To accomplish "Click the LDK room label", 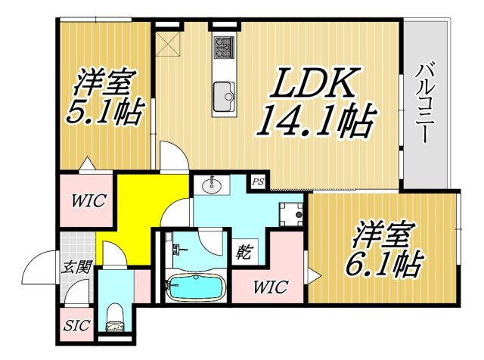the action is coord(315,82).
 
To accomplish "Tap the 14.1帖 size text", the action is coord(316,121).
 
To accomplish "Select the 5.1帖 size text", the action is coord(105,111).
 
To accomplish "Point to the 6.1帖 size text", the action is coord(384,264).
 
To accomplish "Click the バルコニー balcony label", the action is coord(424,103).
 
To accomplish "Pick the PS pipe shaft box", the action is coord(258,182).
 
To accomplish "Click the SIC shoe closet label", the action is coord(76,324).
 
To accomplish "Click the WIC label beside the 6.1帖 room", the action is coord(271,287).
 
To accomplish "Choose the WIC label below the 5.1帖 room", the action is coord(89,200).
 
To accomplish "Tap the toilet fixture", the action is coord(114,318).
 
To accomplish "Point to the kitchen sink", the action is coord(224,96).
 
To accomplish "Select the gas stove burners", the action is coord(225,47).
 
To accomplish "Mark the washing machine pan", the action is coord(290,214).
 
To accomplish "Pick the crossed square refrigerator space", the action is coord(168,44).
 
